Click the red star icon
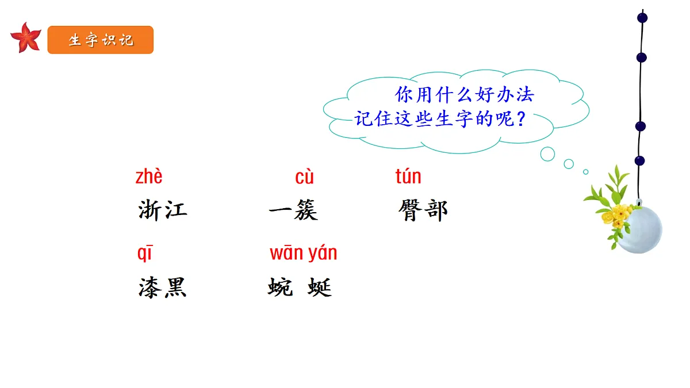pos(26,38)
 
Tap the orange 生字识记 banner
pos(101,40)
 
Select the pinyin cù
pos(304,177)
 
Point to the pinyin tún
pos(408,176)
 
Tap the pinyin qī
pos(145,253)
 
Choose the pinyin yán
pos(323,253)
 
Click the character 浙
pos(150,210)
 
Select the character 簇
pos(306,210)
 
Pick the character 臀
pos(411,210)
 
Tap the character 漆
pos(150,287)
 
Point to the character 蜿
pos(280,287)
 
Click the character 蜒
pos(320,287)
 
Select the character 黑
pos(175,287)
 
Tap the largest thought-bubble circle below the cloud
pos(547,154)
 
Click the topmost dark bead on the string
pos(642,18)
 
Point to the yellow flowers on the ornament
pos(616,216)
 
